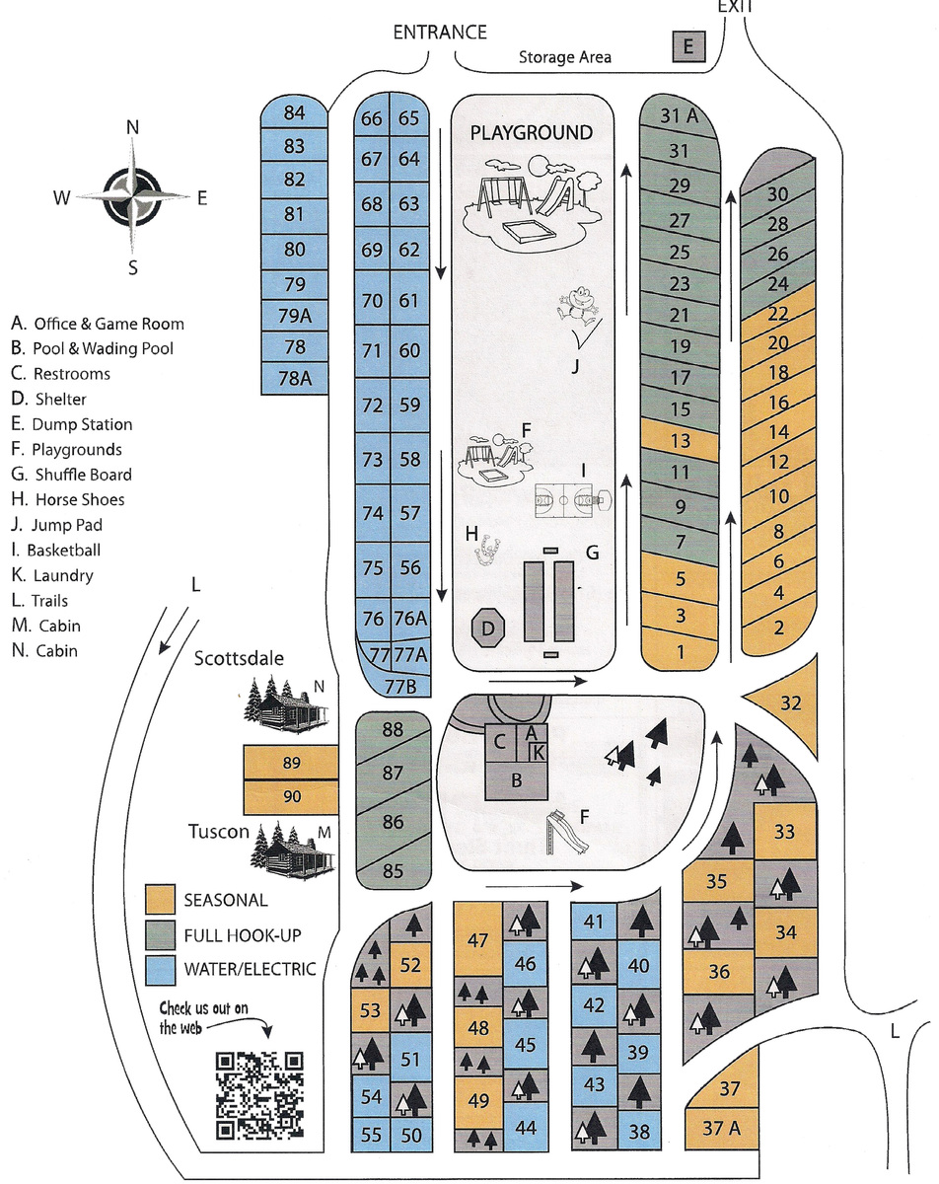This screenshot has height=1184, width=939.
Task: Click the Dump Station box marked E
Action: coord(688,46)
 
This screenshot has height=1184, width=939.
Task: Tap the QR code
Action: coord(259,1094)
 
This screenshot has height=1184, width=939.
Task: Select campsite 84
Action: coord(294,113)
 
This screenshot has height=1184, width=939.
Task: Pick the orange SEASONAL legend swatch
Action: coord(160,899)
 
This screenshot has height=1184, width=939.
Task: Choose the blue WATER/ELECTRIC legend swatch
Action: coord(160,968)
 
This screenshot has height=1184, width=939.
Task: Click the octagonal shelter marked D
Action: coord(488,626)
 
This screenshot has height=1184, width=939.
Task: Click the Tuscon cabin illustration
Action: coord(293,848)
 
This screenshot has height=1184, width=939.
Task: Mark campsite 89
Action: coord(290,763)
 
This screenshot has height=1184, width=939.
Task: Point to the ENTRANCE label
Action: coord(440,33)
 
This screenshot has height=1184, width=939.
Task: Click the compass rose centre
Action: coord(132,196)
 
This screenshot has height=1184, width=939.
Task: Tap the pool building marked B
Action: coord(516,780)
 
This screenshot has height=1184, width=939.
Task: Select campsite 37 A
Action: coord(722,1127)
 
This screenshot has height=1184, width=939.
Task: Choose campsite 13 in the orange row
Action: coord(680,440)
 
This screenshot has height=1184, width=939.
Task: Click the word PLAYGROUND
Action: coord(531,133)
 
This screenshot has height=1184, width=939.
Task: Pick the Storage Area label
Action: coord(565,57)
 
